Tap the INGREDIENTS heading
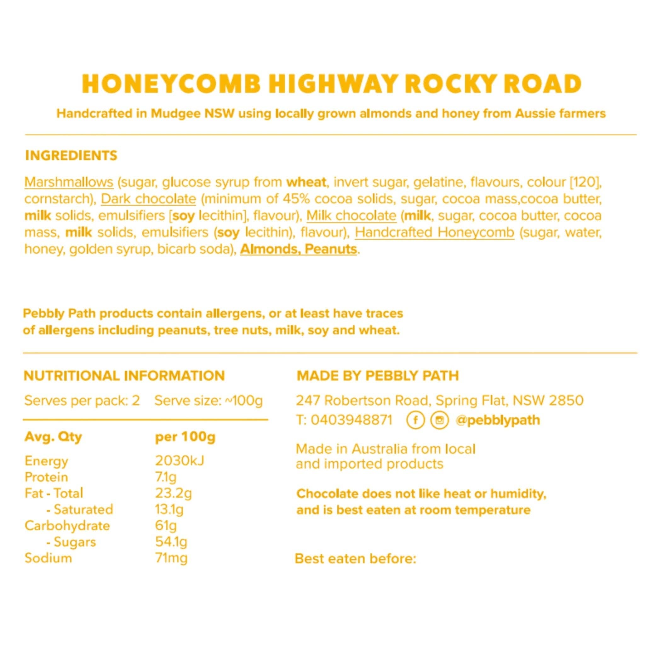[71, 156]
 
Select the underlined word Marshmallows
[69, 182]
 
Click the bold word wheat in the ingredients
[306, 182]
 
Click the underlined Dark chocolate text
[148, 199]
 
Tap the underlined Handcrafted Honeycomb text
[434, 232]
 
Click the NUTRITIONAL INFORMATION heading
[124, 376]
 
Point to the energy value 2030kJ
[180, 461]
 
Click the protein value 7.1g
[166, 477]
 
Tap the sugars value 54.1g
[171, 541]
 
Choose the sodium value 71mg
[171, 558]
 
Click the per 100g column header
[185, 437]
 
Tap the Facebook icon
[415, 420]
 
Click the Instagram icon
[440, 420]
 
